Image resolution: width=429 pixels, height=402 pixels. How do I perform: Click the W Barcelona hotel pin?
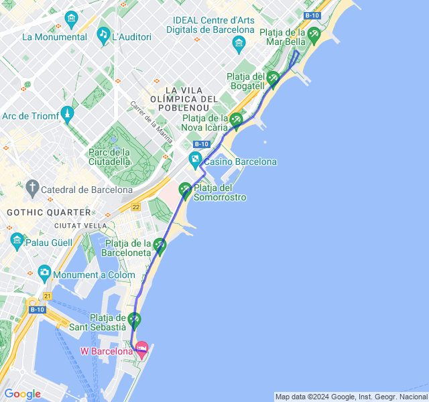point(141,348)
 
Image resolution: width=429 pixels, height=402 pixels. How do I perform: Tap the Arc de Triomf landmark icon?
point(66,113)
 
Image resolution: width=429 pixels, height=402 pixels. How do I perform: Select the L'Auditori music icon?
point(103,34)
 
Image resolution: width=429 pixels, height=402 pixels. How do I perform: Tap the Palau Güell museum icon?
point(17,239)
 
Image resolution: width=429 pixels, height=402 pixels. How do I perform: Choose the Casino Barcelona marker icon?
point(195,159)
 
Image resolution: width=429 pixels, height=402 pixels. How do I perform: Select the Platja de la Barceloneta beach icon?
point(160,245)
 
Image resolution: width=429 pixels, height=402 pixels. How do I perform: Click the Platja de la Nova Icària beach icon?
point(236,119)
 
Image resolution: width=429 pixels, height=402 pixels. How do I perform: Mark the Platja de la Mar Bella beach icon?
point(314,33)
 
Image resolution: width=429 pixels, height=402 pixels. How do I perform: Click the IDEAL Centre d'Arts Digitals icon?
point(239,44)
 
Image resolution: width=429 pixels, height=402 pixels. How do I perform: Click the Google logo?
point(22,394)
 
